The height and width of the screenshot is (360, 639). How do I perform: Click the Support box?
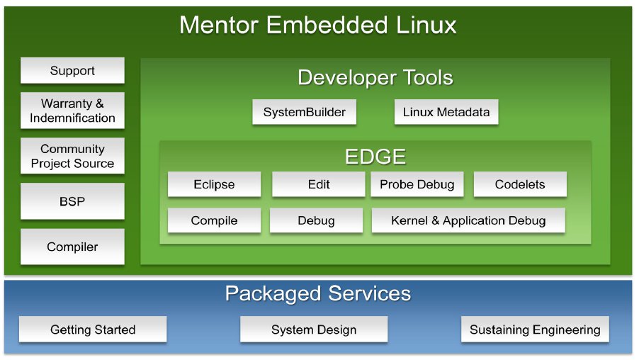pyautogui.click(x=72, y=71)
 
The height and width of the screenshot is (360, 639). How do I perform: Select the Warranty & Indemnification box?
pyautogui.click(x=72, y=111)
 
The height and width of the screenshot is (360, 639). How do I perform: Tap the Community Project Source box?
pyautogui.click(x=72, y=156)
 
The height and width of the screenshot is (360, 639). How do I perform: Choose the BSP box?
pyautogui.click(x=72, y=201)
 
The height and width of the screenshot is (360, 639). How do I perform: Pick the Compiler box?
pyautogui.click(x=72, y=247)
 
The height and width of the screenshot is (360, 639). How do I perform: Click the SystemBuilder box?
pyautogui.click(x=304, y=112)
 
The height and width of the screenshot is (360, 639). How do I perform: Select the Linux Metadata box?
pyautogui.click(x=446, y=112)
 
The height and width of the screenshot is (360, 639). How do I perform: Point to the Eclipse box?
pyautogui.click(x=214, y=184)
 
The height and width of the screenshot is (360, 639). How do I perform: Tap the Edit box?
pyautogui.click(x=319, y=184)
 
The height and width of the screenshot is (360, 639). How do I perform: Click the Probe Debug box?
pyautogui.click(x=417, y=184)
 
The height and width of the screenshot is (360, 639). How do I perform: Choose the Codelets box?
pyautogui.click(x=520, y=184)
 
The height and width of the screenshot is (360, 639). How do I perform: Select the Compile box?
pyautogui.click(x=214, y=220)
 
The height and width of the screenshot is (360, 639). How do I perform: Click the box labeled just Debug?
pyautogui.click(x=316, y=220)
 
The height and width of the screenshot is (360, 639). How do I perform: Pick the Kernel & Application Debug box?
pyautogui.click(x=468, y=220)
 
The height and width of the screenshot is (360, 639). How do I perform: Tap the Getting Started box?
pyautogui.click(x=93, y=330)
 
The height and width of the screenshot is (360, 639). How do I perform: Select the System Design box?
pyautogui.click(x=314, y=330)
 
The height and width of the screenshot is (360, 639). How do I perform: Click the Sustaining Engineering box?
pyautogui.click(x=535, y=330)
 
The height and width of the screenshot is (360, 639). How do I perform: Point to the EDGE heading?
pyautogui.click(x=375, y=157)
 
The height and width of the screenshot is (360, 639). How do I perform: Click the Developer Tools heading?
pyautogui.click(x=375, y=77)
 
